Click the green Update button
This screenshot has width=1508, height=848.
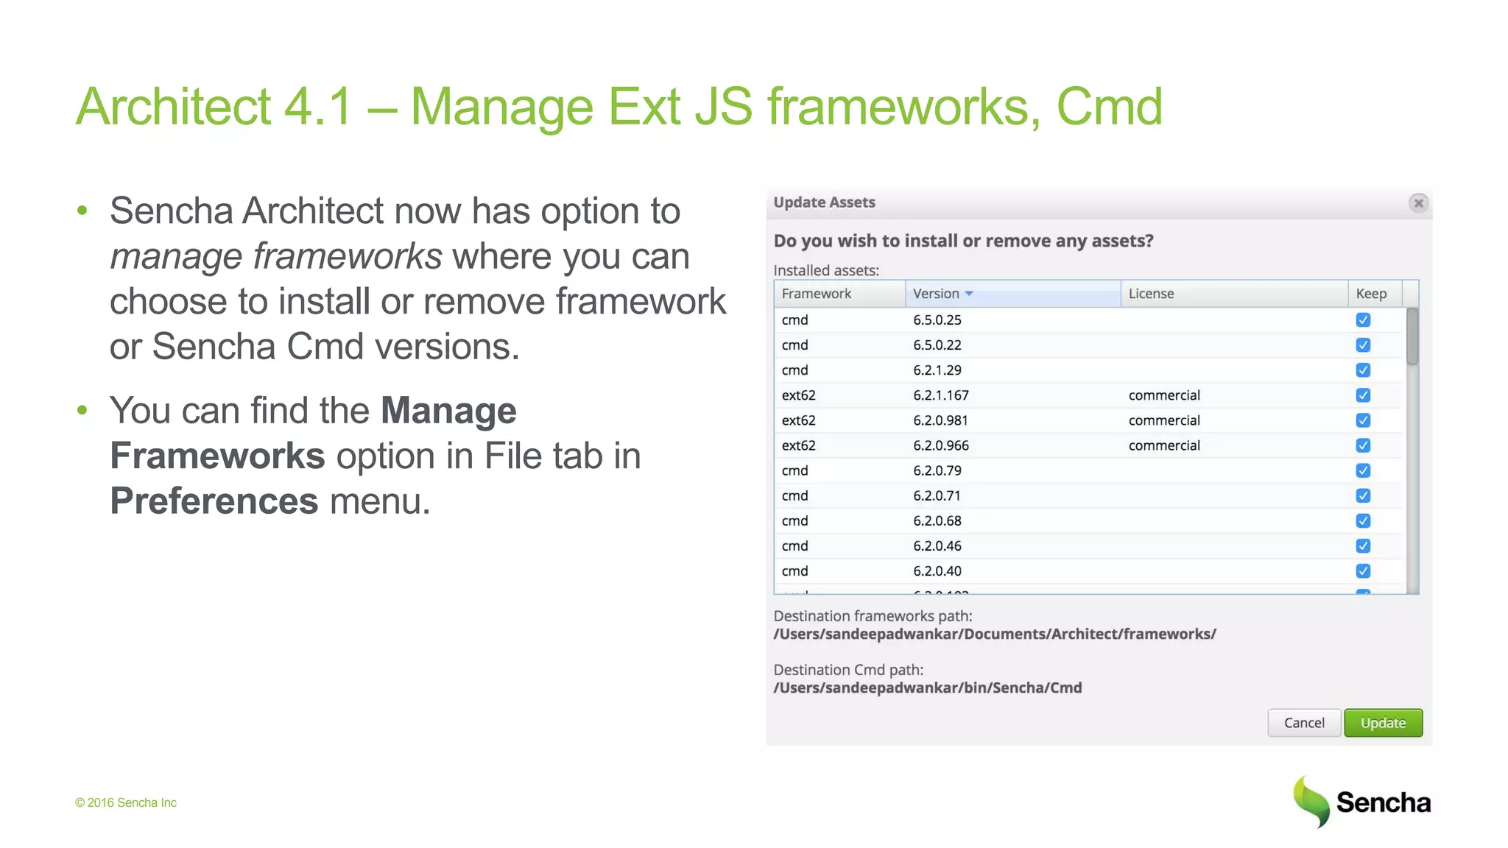[1382, 723]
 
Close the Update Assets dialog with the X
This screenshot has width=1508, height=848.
[1418, 203]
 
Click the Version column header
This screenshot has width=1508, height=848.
[936, 294]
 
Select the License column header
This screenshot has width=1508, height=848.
[1151, 294]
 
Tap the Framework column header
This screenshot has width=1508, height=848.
[816, 294]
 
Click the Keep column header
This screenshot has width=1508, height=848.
[1371, 294]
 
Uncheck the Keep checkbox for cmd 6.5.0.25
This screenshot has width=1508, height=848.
[1363, 320]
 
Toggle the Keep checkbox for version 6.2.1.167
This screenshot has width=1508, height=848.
[1363, 395]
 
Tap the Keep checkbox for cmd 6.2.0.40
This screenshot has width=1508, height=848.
[1363, 571]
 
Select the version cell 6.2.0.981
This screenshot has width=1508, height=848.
[940, 420]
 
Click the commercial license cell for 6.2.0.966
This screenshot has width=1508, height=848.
[1164, 445]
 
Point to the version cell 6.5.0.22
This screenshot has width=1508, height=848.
[937, 345]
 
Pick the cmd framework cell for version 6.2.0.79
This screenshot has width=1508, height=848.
[794, 470]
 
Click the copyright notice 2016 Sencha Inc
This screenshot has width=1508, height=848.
[126, 802]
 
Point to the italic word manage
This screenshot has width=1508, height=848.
[176, 256]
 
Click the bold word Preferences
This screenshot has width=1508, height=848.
[214, 501]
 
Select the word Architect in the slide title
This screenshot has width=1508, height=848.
[174, 107]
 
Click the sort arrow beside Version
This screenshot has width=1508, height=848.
[969, 294]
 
